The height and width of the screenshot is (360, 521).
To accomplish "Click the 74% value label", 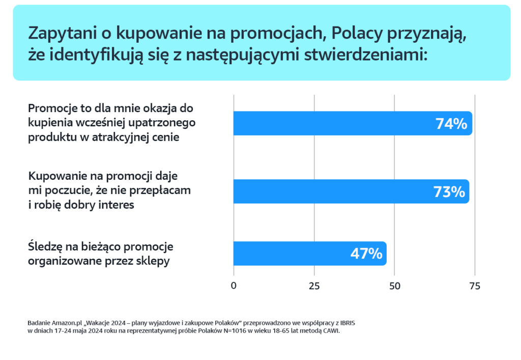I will pos(451,124).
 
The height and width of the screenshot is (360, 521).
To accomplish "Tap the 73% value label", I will pos(449,192).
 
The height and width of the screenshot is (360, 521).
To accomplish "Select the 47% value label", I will pos(366,254).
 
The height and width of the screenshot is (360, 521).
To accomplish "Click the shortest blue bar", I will pos(309,254).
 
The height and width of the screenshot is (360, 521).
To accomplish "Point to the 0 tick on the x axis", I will pos(234,286).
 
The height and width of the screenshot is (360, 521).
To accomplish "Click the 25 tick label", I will pos(314,286).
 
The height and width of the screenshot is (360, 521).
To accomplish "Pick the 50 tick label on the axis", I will pos(394,286).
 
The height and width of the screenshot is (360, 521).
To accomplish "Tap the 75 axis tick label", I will pos(474,286).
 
